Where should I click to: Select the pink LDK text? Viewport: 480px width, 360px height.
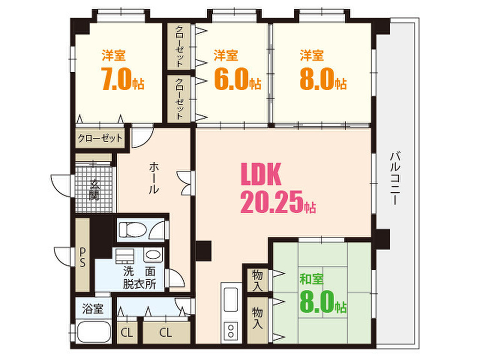(261, 174)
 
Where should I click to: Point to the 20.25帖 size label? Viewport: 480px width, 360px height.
(278, 202)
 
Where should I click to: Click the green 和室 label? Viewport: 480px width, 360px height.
(311, 279)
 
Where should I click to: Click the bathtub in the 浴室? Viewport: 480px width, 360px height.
(93, 332)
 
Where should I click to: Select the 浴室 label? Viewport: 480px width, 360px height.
(93, 309)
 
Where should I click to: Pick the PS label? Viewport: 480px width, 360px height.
(82, 257)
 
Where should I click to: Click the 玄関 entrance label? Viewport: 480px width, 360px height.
(95, 190)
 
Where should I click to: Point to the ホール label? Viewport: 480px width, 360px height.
(154, 178)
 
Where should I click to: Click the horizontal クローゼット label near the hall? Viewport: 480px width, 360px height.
(100, 138)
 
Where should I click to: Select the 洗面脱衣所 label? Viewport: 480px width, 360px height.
(140, 277)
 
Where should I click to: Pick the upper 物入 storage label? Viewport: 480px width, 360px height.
(257, 280)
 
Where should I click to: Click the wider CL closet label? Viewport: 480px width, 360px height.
(165, 332)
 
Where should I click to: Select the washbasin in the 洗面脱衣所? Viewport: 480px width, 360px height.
(153, 255)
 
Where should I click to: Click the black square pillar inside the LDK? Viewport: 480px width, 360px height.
(203, 251)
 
